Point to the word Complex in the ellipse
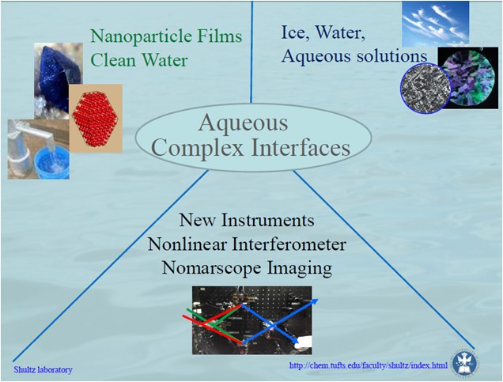click(197, 147)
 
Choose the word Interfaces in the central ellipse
click(301, 147)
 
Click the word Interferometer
click(289, 244)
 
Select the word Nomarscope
click(212, 268)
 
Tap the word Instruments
click(268, 221)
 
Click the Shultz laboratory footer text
click(43, 370)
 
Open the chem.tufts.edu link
click(369, 365)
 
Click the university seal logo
click(466, 362)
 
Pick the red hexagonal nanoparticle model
click(95, 118)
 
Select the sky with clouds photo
click(435, 23)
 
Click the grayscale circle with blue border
click(425, 89)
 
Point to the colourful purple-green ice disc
click(471, 78)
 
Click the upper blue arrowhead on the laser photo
click(315, 301)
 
